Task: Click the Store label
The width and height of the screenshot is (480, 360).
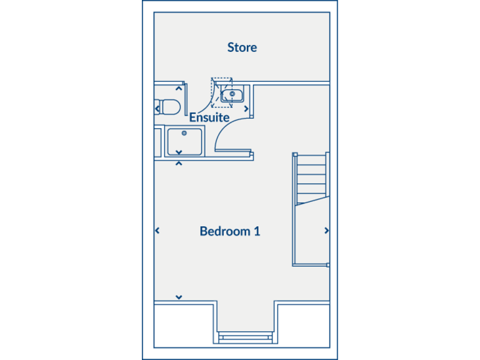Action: click(x=242, y=47)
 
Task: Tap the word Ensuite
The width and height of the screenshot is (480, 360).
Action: click(x=209, y=117)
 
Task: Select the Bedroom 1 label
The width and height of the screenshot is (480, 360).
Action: click(x=229, y=231)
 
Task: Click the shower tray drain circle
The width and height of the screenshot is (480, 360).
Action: click(x=184, y=132)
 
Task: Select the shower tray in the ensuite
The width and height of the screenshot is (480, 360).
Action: click(x=185, y=142)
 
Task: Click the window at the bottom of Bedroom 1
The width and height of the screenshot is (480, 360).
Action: click(x=246, y=338)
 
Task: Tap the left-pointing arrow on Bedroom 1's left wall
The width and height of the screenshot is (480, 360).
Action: click(x=157, y=231)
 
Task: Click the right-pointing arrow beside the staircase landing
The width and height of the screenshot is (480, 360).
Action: click(x=326, y=231)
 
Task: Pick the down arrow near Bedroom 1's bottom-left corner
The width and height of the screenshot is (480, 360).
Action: click(x=179, y=297)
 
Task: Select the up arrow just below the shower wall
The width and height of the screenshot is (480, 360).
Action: click(x=179, y=164)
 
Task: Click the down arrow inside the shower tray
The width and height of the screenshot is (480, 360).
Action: click(x=179, y=152)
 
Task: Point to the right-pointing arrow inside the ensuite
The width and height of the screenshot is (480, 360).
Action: click(x=246, y=109)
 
